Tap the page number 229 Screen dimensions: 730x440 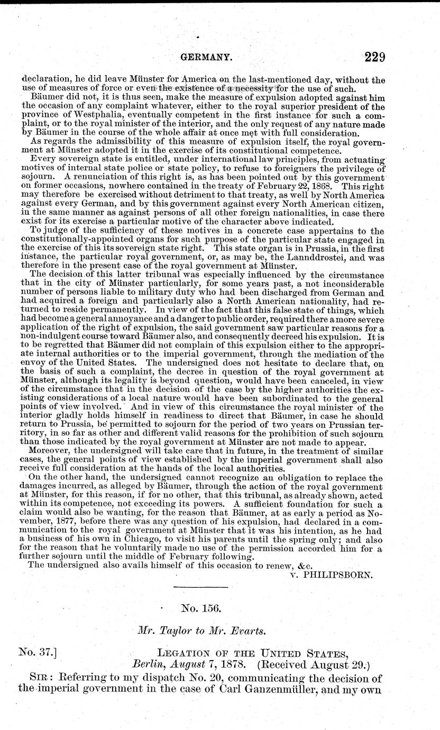[370, 57]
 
